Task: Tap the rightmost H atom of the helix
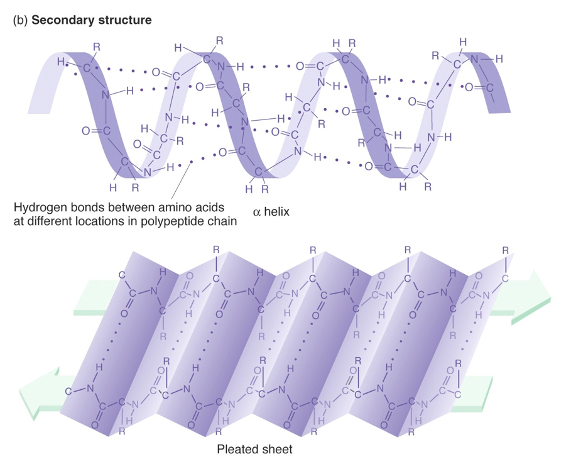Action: pos(499,58)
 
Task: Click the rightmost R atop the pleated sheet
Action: pos(506,251)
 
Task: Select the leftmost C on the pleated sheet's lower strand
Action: pos(68,390)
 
